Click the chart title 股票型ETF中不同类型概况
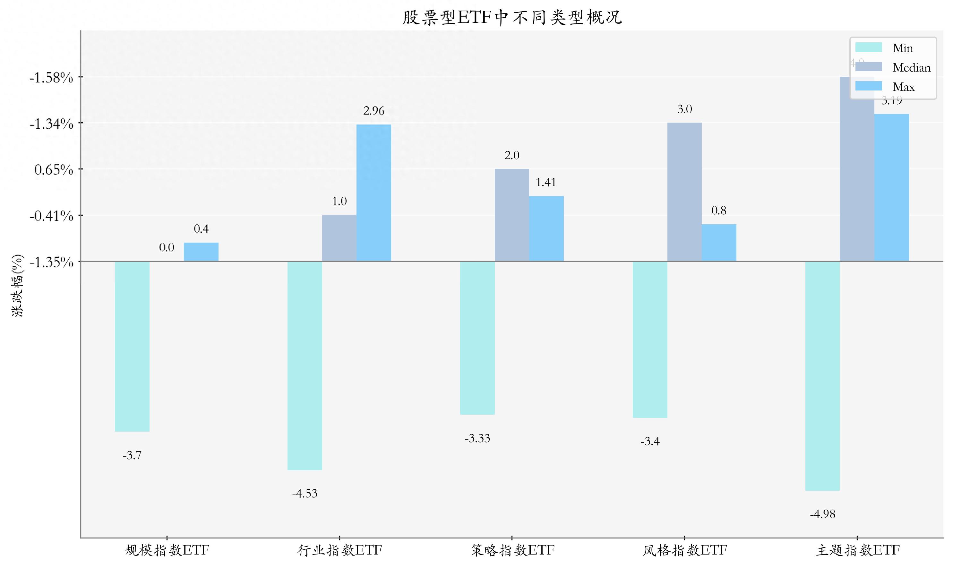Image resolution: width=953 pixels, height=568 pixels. click(x=512, y=17)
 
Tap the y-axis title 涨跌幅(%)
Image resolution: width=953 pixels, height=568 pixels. click(x=17, y=285)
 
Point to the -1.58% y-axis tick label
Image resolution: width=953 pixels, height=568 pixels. click(x=51, y=78)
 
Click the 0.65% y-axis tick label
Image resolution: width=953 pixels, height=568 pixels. click(x=54, y=169)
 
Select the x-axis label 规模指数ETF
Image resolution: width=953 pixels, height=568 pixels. click(x=167, y=550)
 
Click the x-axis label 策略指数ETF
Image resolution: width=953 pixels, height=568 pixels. click(x=512, y=550)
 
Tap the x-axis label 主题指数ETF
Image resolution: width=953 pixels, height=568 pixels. click(x=857, y=550)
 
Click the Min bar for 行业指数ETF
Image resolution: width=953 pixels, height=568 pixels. click(x=305, y=366)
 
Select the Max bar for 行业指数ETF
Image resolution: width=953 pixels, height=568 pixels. click(x=373, y=193)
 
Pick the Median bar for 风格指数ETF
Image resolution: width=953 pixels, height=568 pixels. click(x=684, y=192)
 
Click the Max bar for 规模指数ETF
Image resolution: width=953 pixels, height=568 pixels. click(x=201, y=252)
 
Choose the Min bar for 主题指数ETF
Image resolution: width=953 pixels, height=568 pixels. click(x=822, y=376)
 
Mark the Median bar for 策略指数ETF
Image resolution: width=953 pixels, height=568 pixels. click(x=512, y=215)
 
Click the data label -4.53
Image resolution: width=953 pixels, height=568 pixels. click(x=305, y=493)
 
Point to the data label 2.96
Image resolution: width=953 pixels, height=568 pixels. click(x=373, y=111)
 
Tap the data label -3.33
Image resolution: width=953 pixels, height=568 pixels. click(x=477, y=438)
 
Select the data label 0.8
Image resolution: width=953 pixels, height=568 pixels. click(x=718, y=211)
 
